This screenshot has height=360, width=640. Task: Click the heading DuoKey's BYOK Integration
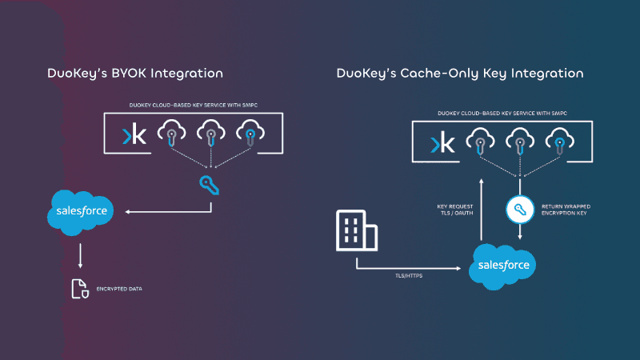click(x=134, y=74)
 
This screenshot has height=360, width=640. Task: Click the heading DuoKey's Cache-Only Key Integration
click(x=460, y=74)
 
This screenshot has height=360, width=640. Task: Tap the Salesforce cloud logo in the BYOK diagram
click(x=80, y=212)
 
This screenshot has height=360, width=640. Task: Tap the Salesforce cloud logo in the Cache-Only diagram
click(x=502, y=264)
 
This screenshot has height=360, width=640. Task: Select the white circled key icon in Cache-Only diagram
click(x=520, y=210)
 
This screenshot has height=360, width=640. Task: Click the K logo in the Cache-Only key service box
click(x=442, y=143)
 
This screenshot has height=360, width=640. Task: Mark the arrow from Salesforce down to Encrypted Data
click(x=80, y=255)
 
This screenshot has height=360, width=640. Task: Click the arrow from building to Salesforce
click(x=408, y=266)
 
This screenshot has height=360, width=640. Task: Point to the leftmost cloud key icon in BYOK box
click(x=170, y=133)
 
